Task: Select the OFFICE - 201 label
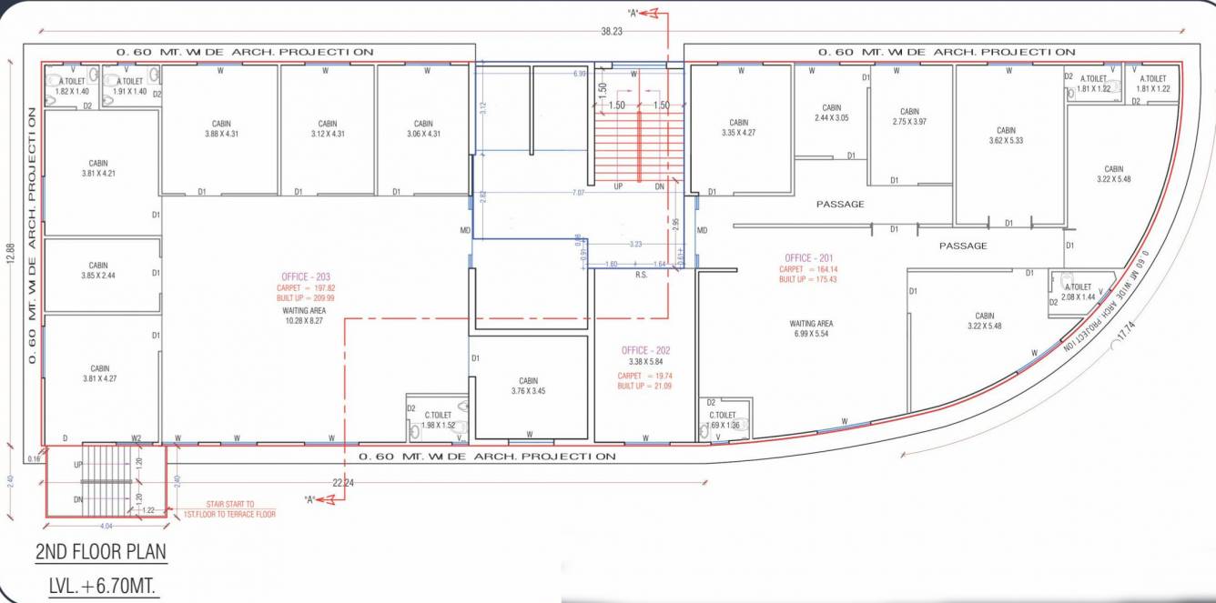tap(808, 257)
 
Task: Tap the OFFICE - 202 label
tap(647, 350)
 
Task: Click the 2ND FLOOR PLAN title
tap(101, 552)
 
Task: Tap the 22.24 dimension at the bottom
tap(343, 483)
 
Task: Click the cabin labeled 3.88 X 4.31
tap(220, 129)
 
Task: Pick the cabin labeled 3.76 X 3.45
tap(528, 387)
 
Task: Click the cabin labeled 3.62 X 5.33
tap(1006, 136)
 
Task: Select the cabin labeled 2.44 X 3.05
tap(831, 113)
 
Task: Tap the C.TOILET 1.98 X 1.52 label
tap(438, 419)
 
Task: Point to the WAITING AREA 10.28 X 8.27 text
tap(303, 316)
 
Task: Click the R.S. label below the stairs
tap(641, 274)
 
